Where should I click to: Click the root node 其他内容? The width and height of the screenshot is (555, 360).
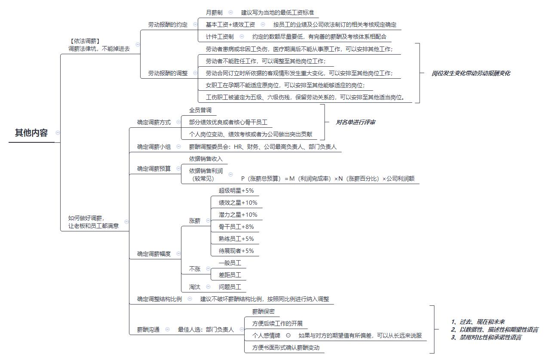(31, 133)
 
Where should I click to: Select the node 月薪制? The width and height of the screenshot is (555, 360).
(214, 12)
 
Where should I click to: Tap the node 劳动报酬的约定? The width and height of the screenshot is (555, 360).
(168, 25)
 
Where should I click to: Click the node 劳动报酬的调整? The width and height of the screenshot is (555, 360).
(168, 73)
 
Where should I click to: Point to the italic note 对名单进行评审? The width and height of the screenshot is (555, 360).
(355, 122)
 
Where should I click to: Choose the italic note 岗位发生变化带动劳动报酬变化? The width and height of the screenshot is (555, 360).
(471, 73)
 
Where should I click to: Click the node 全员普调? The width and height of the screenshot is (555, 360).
(200, 110)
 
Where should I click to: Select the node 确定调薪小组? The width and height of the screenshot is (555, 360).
(154, 147)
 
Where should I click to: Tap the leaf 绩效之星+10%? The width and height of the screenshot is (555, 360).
(238, 203)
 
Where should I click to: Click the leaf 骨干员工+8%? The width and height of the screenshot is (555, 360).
(236, 227)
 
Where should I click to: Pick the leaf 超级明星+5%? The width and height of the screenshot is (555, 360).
(236, 191)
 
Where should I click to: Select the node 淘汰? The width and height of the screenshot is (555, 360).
(194, 287)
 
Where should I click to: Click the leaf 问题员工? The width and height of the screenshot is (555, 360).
(230, 287)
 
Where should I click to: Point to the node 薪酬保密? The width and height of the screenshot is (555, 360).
(264, 311)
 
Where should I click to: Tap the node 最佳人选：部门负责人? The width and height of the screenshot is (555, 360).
(205, 329)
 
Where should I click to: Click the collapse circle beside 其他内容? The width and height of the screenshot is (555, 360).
(58, 132)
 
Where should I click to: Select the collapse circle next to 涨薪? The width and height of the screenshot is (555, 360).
(208, 220)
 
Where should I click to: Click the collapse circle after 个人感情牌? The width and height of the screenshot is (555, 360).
(288, 335)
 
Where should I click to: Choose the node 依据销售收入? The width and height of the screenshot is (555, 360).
(205, 159)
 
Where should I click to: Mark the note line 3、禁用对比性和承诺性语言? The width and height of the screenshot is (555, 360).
(486, 338)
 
